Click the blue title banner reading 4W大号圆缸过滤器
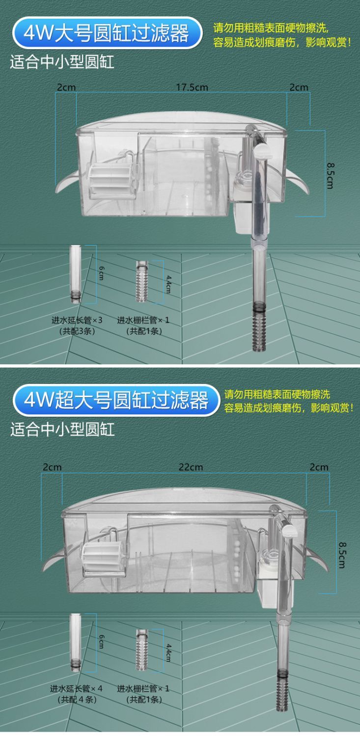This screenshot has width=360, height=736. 107,33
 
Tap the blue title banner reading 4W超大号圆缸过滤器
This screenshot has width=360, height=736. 116,400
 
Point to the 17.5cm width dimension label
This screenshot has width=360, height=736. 192,87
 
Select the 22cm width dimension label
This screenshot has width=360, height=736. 191,467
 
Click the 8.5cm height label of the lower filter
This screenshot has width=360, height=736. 342,555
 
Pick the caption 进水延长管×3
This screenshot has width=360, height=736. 77,320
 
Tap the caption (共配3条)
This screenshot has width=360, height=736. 77,331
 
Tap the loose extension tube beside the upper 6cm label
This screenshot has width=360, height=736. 75,274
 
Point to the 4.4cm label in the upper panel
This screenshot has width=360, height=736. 168,284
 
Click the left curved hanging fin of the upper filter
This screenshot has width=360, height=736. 67,182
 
